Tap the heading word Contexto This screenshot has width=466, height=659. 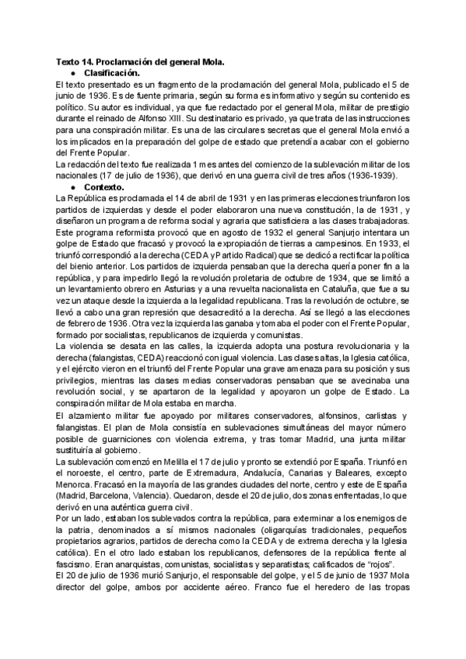(104, 187)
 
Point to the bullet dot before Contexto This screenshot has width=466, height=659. (73, 187)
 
